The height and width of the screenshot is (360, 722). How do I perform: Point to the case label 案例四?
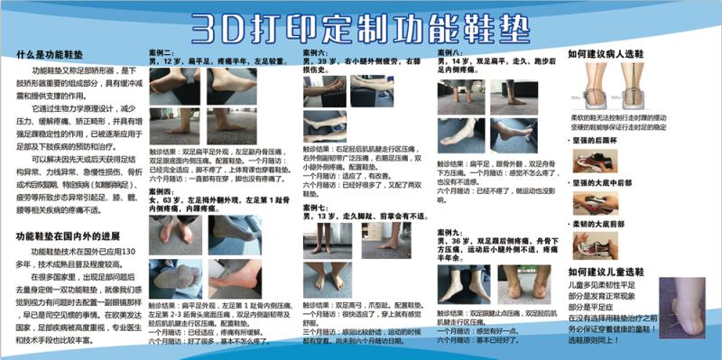[x=162, y=191]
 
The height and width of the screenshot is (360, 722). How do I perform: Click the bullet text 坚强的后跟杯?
[x=598, y=141]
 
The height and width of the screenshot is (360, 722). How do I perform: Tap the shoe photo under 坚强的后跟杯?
[x=595, y=161]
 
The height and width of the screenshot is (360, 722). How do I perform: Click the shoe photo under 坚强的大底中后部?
[x=595, y=203]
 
